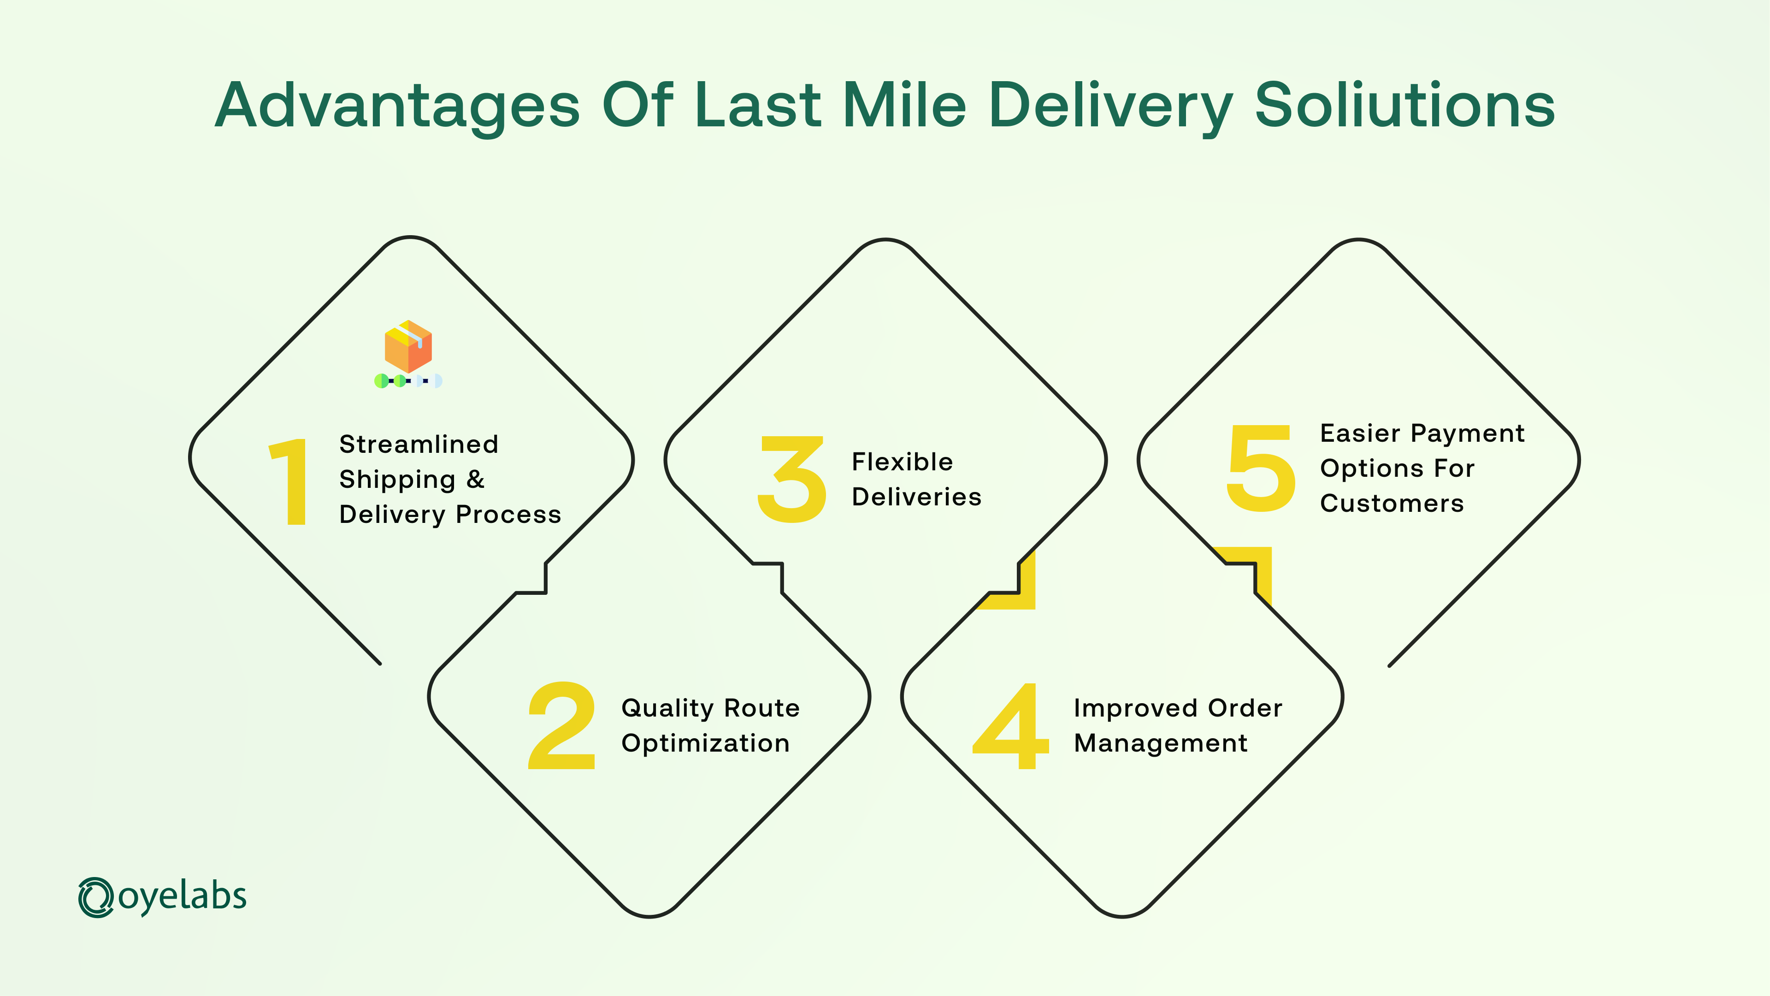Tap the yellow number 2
[561, 725]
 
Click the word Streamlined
[419, 444]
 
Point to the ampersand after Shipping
[476, 479]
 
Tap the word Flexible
[902, 461]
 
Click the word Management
[1161, 743]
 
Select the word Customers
[1392, 503]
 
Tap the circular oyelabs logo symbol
[95, 897]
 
